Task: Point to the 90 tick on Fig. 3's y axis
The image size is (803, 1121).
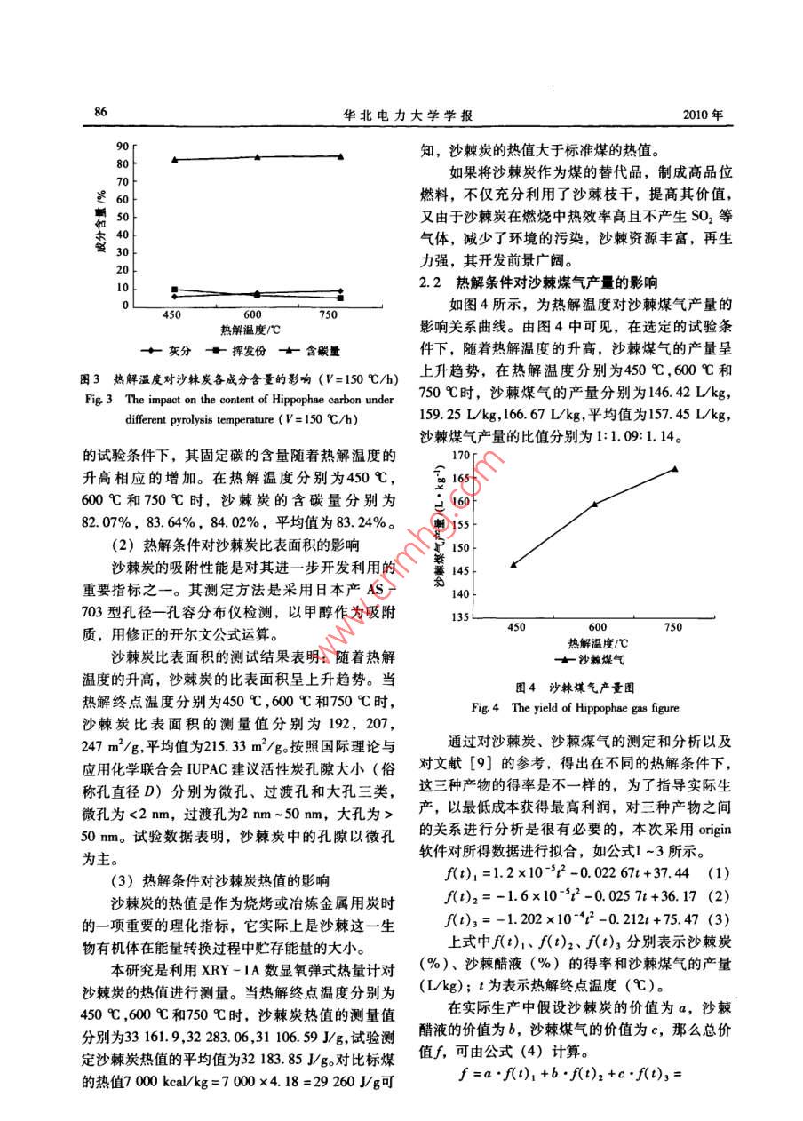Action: pos(123,146)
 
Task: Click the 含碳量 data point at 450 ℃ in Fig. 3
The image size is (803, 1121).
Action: pos(175,160)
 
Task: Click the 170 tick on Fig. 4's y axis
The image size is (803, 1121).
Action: pos(459,455)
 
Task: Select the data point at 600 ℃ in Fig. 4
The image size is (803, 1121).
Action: pos(594,504)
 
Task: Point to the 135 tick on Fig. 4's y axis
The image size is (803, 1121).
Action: pos(459,617)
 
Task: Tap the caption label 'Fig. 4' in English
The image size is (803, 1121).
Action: pos(484,708)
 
